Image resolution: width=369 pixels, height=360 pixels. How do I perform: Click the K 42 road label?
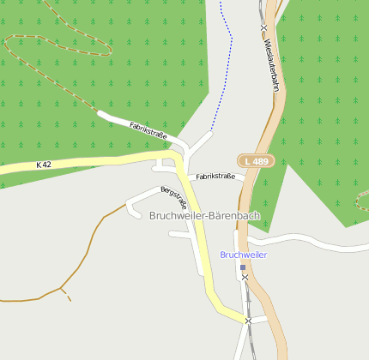(x=44, y=164)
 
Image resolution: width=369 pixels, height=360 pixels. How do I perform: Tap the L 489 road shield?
(x=256, y=160)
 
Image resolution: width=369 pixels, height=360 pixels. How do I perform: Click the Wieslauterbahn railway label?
(x=272, y=63)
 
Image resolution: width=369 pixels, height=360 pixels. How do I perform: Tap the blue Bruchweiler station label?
(x=244, y=255)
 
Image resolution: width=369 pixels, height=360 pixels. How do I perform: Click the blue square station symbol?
(x=243, y=267)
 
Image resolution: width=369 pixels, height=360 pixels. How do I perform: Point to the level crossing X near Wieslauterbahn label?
(x=264, y=28)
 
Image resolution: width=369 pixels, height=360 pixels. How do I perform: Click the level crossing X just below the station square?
(x=245, y=278)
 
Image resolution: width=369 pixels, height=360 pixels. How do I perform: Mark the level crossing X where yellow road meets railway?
(x=248, y=321)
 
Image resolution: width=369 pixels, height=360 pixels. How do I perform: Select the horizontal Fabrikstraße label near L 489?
(x=215, y=177)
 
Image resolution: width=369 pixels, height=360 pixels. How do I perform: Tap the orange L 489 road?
(x=277, y=283)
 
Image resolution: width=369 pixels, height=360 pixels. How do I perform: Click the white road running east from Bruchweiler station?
(x=318, y=244)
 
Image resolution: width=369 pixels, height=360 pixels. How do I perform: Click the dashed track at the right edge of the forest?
(x=361, y=202)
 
